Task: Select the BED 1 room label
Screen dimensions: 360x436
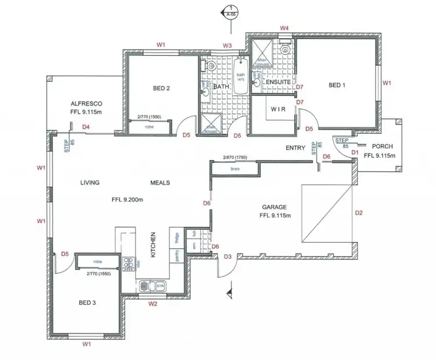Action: pyautogui.click(x=337, y=85)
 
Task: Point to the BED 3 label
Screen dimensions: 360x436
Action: pyautogui.click(x=87, y=302)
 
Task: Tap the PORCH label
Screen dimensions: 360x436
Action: pyautogui.click(x=383, y=146)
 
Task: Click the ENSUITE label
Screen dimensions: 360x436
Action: pyautogui.click(x=278, y=83)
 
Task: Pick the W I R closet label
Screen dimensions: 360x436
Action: pyautogui.click(x=280, y=108)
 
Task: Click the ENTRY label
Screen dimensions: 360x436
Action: pyautogui.click(x=295, y=148)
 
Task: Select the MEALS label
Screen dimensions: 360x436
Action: pyautogui.click(x=160, y=183)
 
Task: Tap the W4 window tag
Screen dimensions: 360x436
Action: pyautogui.click(x=285, y=27)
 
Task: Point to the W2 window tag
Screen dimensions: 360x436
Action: pyautogui.click(x=153, y=304)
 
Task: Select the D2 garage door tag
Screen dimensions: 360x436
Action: pyautogui.click(x=359, y=213)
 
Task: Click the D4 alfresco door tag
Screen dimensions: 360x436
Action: pyautogui.click(x=86, y=126)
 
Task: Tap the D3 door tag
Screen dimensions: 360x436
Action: pyautogui.click(x=228, y=256)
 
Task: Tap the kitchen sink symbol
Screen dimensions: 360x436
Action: pyautogui.click(x=159, y=286)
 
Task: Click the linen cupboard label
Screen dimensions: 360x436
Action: pyautogui.click(x=235, y=169)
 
